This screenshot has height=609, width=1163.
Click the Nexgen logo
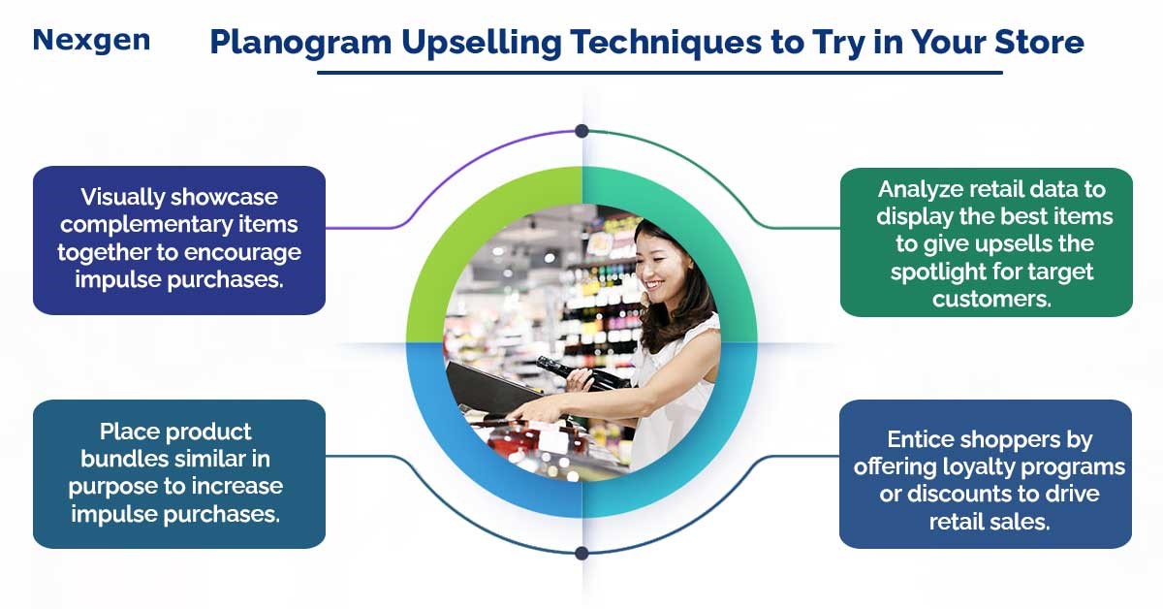click(x=91, y=40)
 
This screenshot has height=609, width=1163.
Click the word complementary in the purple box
click(x=177, y=225)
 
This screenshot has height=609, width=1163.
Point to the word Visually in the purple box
click(x=123, y=197)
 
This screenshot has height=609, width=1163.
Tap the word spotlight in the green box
click(x=940, y=272)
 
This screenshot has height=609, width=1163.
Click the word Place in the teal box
click(x=129, y=431)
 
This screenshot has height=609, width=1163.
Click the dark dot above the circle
click(x=581, y=131)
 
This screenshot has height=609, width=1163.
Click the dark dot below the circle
click(x=581, y=554)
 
